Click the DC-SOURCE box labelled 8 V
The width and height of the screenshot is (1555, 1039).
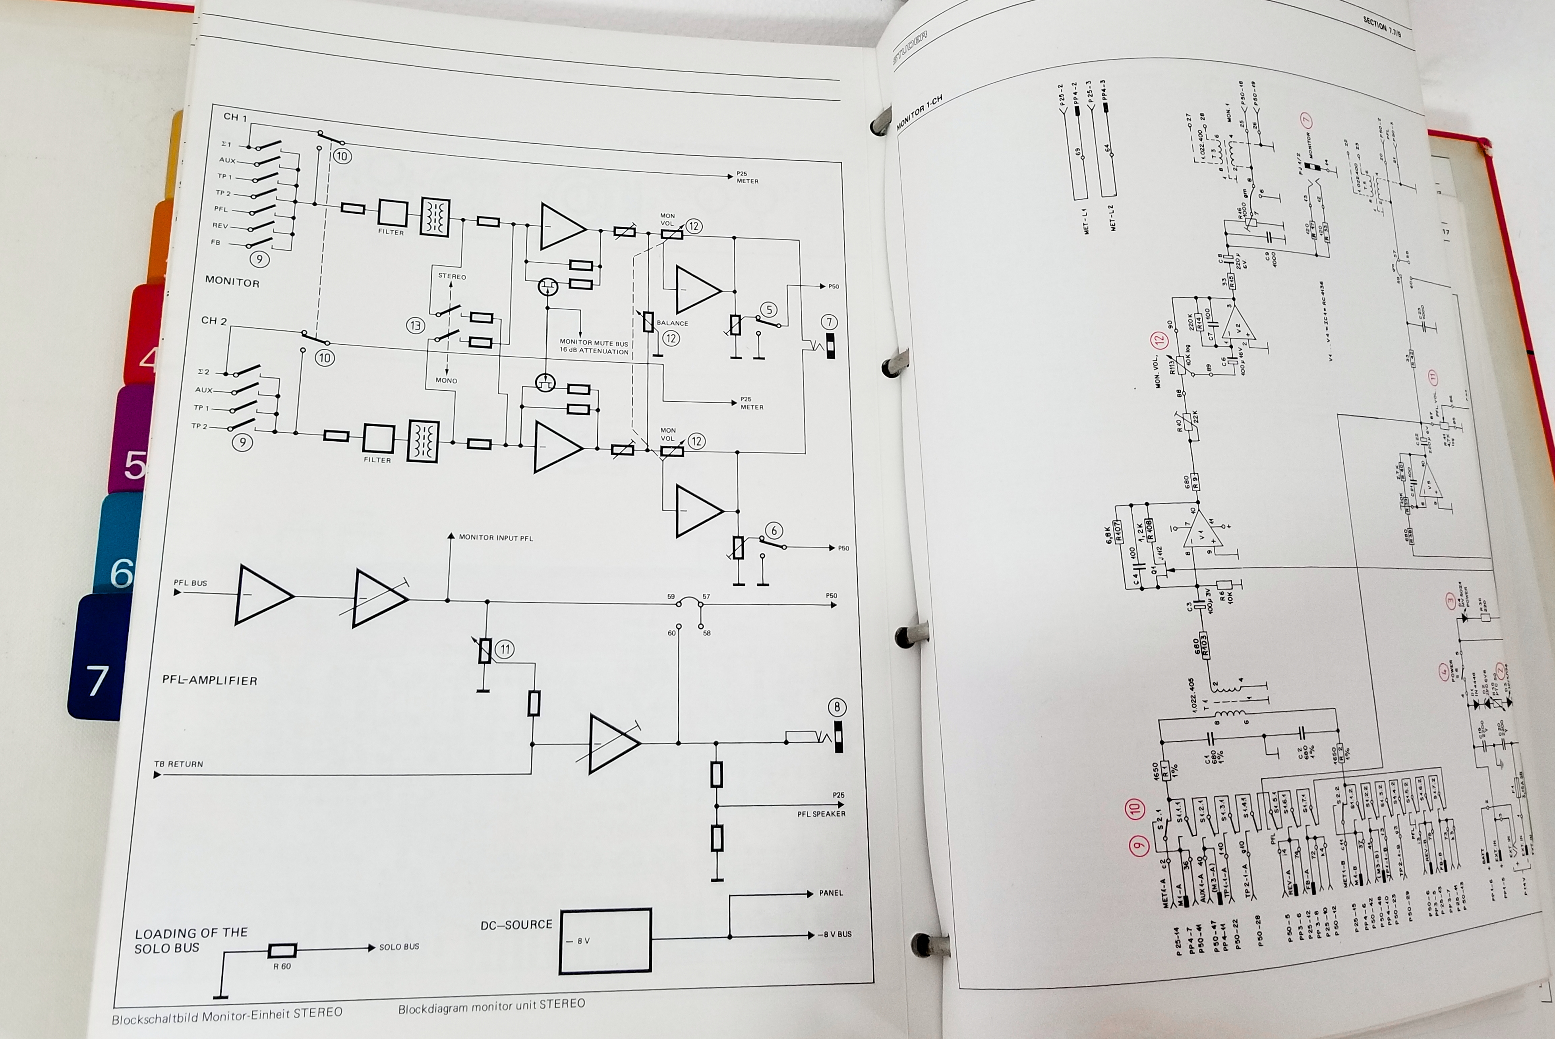[x=605, y=941]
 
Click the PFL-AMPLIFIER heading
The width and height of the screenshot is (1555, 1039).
[x=209, y=680]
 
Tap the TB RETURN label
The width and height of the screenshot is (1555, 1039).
[x=178, y=764]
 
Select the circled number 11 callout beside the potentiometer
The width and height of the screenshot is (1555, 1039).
[x=505, y=649]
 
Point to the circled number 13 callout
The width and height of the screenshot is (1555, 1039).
[x=416, y=325]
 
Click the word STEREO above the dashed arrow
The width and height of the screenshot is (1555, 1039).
[x=452, y=276]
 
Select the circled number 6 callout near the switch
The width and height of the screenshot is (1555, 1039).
[x=774, y=531]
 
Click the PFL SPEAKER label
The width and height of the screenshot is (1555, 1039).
[x=821, y=814]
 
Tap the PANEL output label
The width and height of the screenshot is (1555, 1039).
[x=830, y=893]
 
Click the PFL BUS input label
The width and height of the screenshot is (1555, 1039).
[x=190, y=583]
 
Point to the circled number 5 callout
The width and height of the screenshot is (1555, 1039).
[x=768, y=310]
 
